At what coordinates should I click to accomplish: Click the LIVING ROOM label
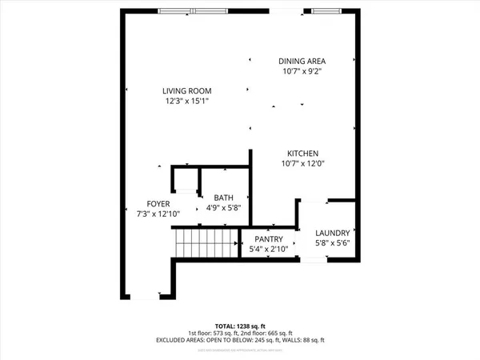click(x=187, y=91)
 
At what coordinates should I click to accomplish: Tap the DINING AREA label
click(x=302, y=61)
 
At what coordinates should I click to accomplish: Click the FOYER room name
click(x=158, y=203)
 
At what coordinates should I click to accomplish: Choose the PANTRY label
click(x=270, y=239)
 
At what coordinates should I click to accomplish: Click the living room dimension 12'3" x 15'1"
click(x=187, y=102)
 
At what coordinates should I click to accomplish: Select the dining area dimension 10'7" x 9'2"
click(x=302, y=71)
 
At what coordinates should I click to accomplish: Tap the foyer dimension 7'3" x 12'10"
click(x=158, y=214)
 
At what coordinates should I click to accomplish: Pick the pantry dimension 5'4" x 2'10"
click(x=270, y=249)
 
